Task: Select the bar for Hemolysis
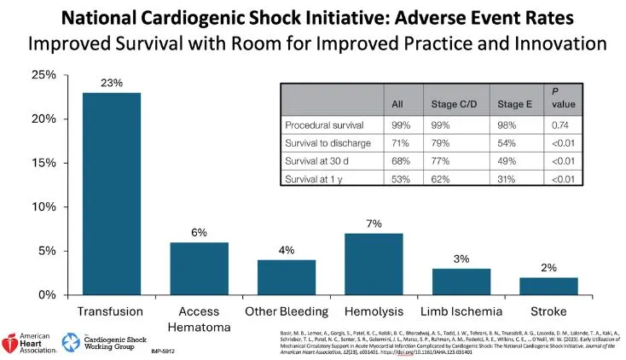click(x=374, y=264)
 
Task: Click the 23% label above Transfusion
click(x=111, y=84)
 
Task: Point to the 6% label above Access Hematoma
click(x=199, y=233)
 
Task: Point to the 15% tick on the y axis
click(x=43, y=163)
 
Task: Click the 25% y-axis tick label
click(x=43, y=75)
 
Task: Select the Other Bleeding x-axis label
click(x=287, y=311)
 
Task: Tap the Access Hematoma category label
click(x=199, y=318)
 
